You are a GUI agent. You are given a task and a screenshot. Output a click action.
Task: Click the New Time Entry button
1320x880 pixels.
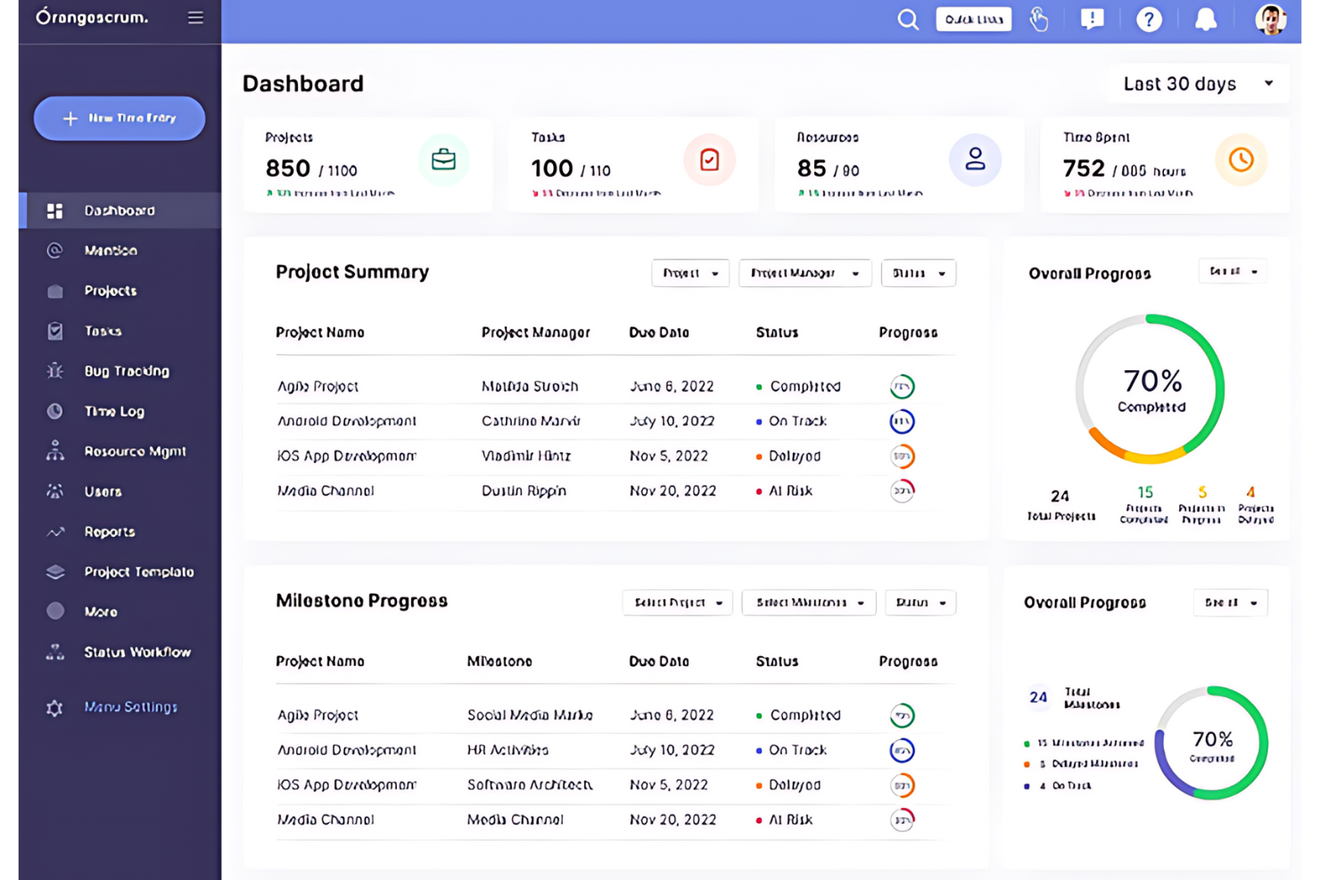click(x=120, y=119)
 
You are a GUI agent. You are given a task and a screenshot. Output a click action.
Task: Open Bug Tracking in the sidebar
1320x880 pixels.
click(x=126, y=371)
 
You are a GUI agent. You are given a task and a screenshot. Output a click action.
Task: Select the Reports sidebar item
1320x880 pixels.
click(x=109, y=531)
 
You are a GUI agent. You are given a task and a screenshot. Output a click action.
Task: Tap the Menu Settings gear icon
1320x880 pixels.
click(x=54, y=708)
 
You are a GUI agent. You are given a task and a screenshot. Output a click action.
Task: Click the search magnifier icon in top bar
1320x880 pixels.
click(x=907, y=20)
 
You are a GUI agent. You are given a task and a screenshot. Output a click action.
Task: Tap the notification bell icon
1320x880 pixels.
click(x=1205, y=20)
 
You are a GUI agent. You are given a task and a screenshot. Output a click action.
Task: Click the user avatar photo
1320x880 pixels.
click(x=1270, y=20)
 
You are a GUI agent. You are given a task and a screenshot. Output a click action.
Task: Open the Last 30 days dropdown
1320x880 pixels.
click(x=1197, y=84)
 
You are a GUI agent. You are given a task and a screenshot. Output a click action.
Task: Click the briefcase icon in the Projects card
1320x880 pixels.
click(x=443, y=160)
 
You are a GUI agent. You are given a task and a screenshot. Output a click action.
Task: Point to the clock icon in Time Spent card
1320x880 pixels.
click(x=1241, y=160)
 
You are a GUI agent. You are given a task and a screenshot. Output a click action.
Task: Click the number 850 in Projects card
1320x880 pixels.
click(x=288, y=169)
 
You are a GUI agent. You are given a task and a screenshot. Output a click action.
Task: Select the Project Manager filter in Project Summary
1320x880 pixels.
click(x=804, y=274)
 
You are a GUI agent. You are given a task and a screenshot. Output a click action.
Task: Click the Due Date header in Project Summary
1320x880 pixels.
click(x=658, y=333)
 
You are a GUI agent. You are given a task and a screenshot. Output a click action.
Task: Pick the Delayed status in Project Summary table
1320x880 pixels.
click(x=794, y=456)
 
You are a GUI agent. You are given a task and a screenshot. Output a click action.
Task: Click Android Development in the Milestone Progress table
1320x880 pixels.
click(x=346, y=750)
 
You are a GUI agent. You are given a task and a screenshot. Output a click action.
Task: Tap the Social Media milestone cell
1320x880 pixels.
click(x=529, y=715)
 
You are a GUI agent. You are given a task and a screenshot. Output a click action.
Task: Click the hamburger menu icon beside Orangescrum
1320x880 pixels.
click(x=195, y=18)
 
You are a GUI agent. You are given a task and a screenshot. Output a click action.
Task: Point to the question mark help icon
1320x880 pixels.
click(x=1149, y=20)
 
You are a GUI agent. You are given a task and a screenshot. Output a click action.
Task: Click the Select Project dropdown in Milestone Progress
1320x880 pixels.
click(x=677, y=603)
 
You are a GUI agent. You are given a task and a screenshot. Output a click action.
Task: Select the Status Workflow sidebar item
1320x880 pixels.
click(x=136, y=652)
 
